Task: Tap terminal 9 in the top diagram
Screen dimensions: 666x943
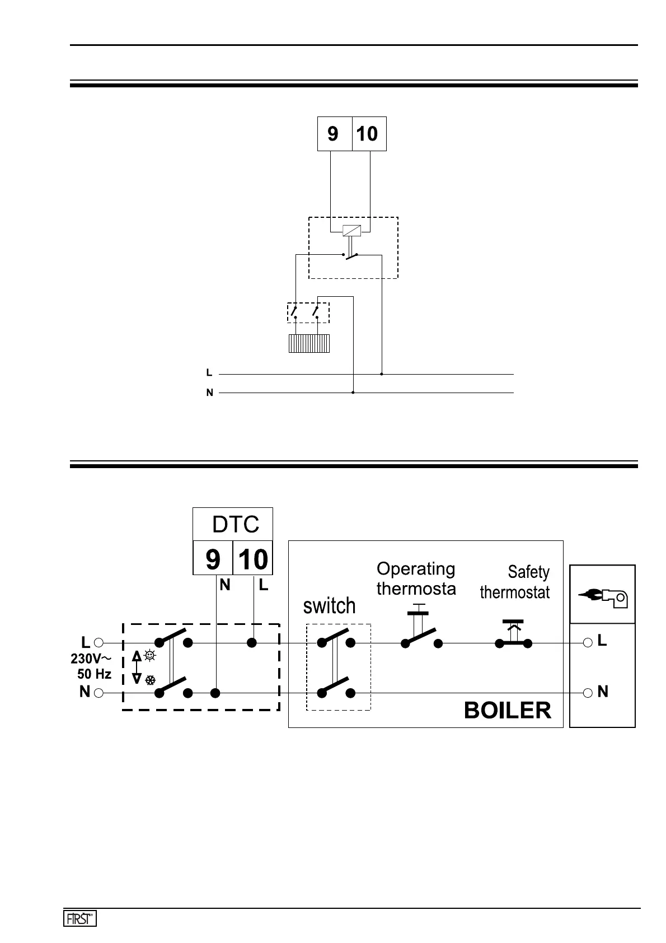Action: coord(334,134)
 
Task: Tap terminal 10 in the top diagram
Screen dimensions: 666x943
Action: coord(368,134)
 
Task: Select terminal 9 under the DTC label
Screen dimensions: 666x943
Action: coord(213,558)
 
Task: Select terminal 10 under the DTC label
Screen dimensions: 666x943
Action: coord(253,558)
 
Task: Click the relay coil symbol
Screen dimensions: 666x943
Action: coord(352,230)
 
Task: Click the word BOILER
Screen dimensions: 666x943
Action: coord(507,711)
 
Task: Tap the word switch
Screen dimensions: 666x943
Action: coord(329,605)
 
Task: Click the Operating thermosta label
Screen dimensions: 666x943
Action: coord(416,578)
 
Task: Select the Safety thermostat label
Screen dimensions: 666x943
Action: coord(515,582)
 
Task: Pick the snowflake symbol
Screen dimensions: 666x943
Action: coord(150,680)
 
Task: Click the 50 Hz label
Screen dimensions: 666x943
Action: coord(94,674)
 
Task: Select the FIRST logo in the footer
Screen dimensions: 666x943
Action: coord(79,918)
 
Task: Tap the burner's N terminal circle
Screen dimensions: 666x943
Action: coord(588,693)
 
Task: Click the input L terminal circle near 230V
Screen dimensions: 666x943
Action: coord(99,643)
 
